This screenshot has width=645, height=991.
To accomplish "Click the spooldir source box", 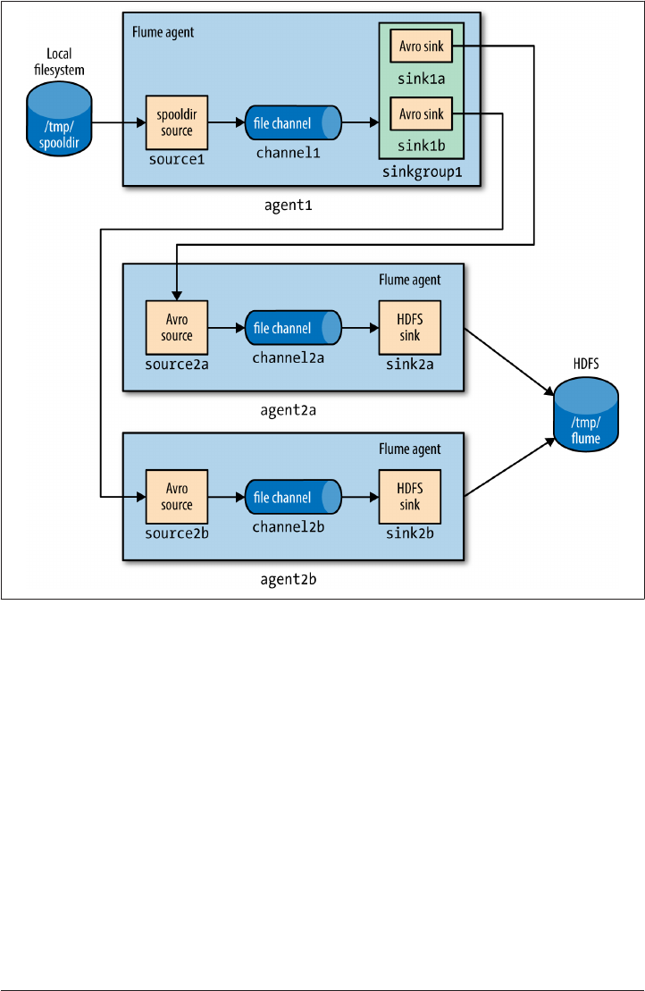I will (x=177, y=123).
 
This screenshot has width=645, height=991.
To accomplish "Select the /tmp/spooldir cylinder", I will (x=59, y=122).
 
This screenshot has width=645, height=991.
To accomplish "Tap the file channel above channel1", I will (x=293, y=122).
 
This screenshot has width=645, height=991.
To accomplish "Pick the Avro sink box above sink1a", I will (x=421, y=46).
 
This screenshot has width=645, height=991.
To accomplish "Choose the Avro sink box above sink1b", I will (x=421, y=113).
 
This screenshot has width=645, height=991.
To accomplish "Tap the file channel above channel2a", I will (x=293, y=328).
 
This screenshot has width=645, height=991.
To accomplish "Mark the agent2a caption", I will (x=288, y=410).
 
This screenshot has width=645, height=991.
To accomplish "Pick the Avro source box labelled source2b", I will (x=177, y=497).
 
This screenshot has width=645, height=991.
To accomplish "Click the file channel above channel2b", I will (x=293, y=497).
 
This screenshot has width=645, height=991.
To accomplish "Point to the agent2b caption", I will (x=288, y=579).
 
